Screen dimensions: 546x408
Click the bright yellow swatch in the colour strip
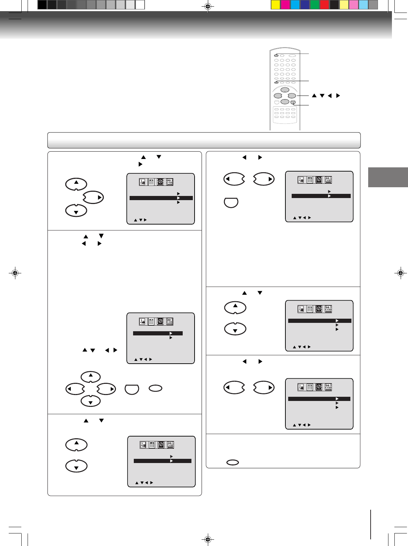276,5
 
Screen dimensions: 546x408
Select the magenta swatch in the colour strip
285,5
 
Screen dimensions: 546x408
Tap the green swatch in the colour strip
315,5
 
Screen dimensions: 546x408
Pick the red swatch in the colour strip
325,5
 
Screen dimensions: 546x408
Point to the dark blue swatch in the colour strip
305,5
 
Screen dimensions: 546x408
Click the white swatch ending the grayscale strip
140,5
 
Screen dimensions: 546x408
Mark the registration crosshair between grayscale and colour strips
207,6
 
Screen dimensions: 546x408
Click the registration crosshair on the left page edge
15,273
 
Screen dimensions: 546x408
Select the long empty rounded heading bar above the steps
204,140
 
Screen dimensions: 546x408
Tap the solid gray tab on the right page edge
388,177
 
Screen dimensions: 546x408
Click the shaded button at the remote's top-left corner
276,55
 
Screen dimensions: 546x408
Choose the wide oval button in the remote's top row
292,55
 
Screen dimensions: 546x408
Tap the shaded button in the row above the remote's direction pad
276,82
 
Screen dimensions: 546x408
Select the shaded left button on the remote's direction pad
278,96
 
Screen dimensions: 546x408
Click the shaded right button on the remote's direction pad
292,96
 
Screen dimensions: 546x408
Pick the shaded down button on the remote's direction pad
285,101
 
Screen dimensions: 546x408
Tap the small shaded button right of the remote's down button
293,103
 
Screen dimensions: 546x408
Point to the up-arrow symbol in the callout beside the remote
314,96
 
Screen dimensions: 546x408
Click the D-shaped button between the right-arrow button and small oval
132,389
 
